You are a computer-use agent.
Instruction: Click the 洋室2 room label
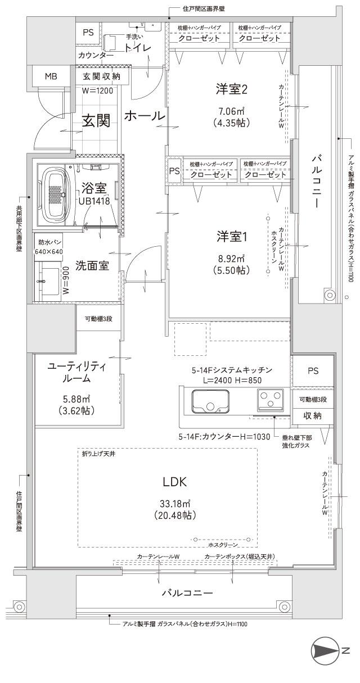tap(232, 88)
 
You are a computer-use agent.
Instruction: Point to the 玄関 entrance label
tap(96, 120)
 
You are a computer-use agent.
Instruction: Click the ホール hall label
tap(144, 116)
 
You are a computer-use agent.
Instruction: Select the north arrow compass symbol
tap(325, 666)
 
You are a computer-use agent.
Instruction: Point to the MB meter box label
tap(51, 75)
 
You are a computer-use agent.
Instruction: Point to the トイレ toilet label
tap(138, 48)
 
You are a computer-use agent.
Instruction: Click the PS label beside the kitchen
tap(313, 371)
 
